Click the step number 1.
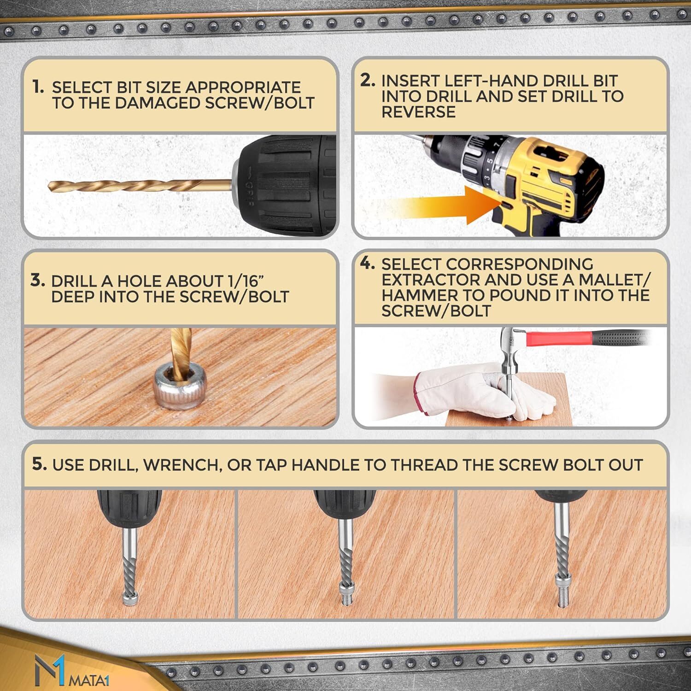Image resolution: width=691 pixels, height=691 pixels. tap(38, 87)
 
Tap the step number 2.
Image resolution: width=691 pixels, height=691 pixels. tap(368, 80)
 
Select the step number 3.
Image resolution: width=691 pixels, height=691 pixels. tap(38, 280)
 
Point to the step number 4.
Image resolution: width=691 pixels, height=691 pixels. tap(368, 264)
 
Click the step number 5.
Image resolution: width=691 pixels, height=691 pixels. tap(40, 464)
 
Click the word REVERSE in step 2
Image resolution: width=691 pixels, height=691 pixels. tap(418, 112)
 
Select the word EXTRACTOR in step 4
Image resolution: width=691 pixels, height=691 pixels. tap(429, 280)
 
